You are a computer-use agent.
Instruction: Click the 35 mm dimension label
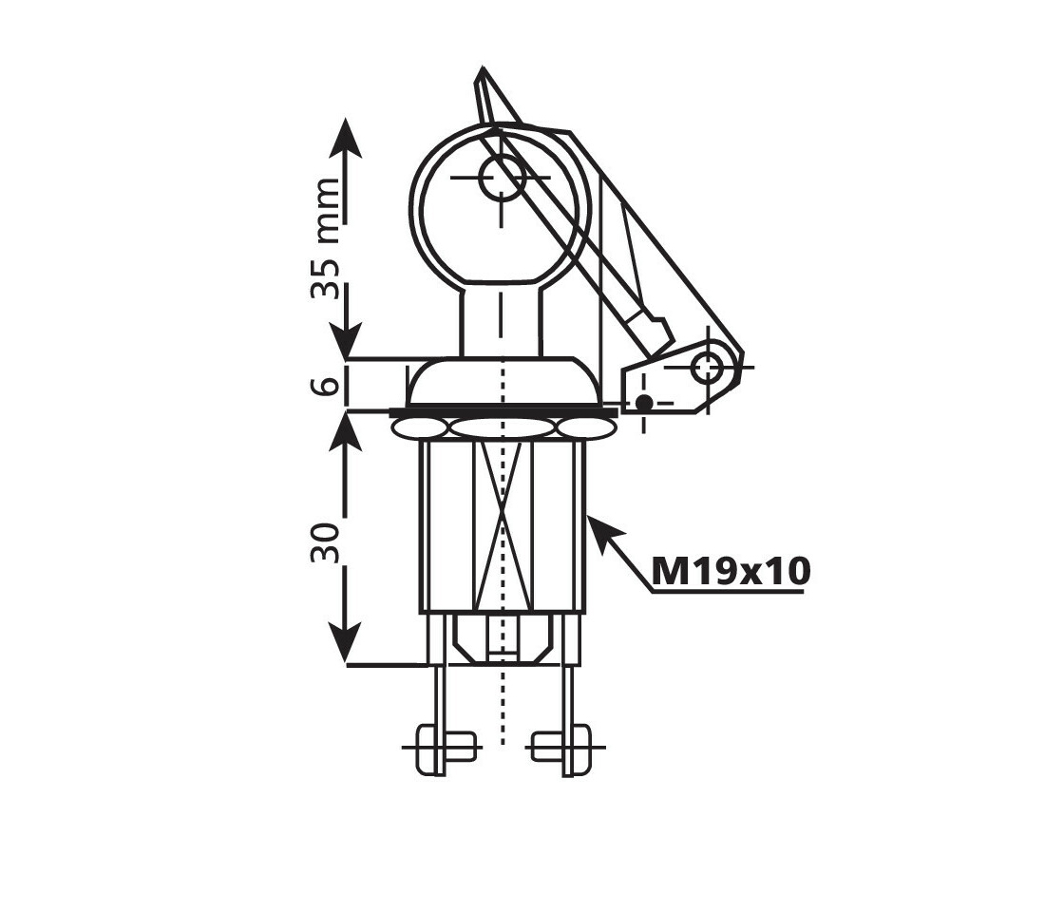(x=326, y=237)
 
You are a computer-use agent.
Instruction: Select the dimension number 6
(x=326, y=385)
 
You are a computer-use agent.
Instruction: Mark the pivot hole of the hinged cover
(x=707, y=367)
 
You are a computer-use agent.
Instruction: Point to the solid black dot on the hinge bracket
(x=644, y=403)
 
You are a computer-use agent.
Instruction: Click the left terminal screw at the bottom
(x=439, y=747)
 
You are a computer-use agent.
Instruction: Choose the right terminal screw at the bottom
(x=566, y=747)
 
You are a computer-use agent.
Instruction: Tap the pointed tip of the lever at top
(x=484, y=74)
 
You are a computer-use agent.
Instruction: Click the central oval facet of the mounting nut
(x=503, y=427)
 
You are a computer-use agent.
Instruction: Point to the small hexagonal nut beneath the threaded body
(x=503, y=636)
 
